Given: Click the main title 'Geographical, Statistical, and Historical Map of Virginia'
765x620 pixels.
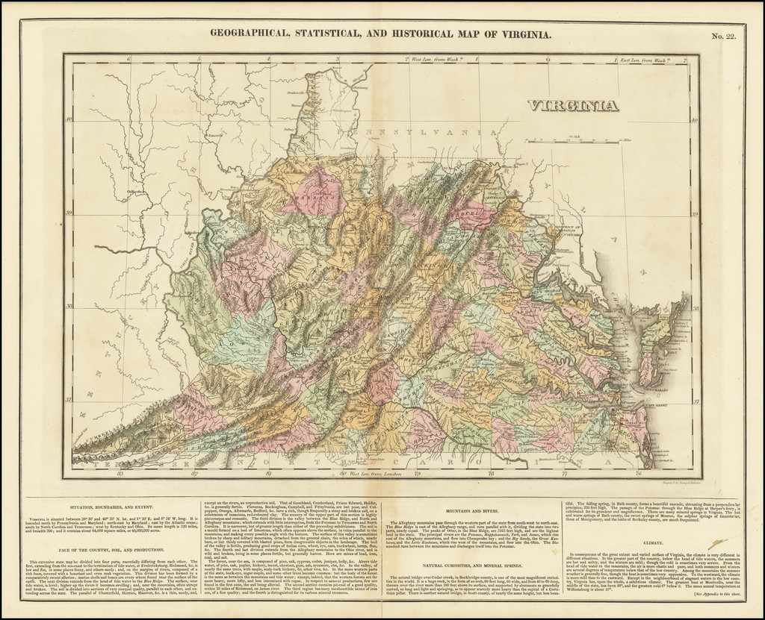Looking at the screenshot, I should click(381, 34).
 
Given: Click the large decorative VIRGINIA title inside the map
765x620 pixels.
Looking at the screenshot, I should click(573, 105).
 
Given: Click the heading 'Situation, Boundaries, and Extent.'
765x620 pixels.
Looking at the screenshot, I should click(99, 507).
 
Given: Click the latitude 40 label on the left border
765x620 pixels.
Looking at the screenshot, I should click(68, 119).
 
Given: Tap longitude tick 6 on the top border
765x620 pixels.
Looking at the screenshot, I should click(129, 59).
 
